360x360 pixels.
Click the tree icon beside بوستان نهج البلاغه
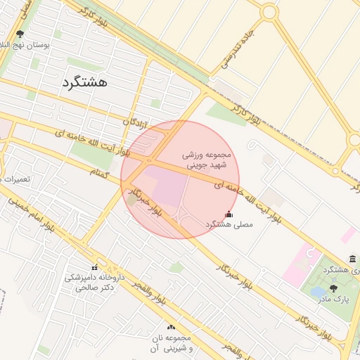(x=19, y=33)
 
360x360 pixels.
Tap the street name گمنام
(x=103, y=173)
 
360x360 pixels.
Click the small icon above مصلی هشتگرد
(x=228, y=214)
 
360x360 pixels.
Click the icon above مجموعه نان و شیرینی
(x=172, y=327)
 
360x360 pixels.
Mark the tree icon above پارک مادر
(x=333, y=288)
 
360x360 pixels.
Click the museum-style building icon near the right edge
(x=352, y=259)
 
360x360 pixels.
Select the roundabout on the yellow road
(x=269, y=12)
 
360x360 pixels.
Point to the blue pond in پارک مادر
(x=318, y=291)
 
